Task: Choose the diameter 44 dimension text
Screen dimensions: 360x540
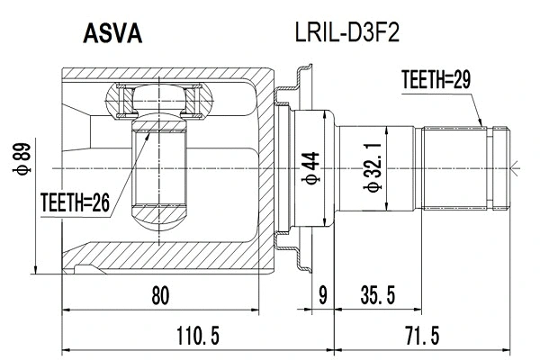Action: (x=309, y=166)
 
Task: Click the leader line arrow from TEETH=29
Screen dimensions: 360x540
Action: (x=484, y=121)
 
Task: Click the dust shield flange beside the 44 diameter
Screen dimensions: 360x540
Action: (x=293, y=167)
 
